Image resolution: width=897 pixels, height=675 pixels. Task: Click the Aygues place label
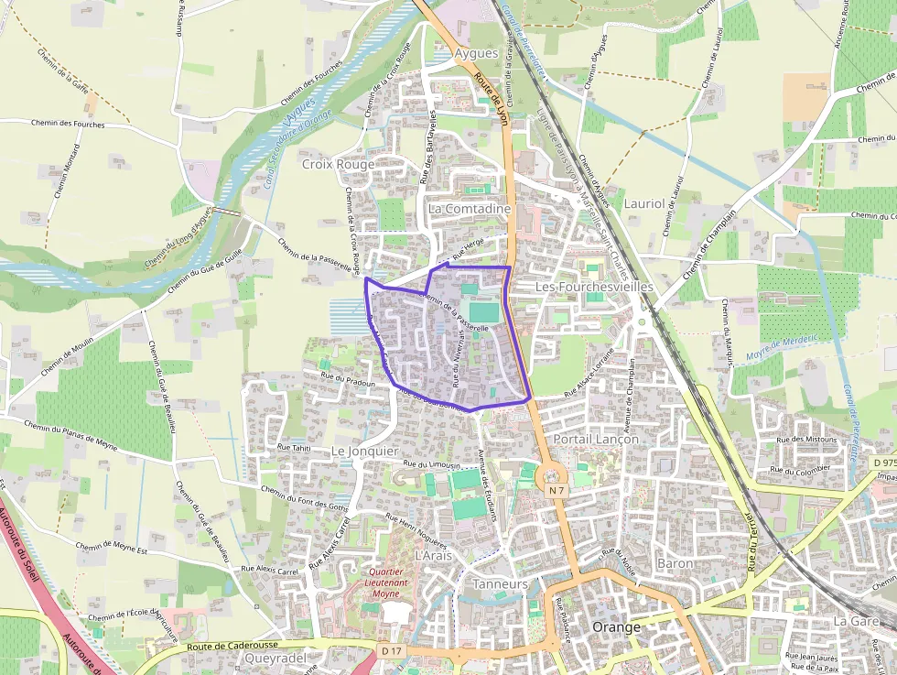click(476, 53)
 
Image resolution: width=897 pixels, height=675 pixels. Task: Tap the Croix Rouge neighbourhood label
click(338, 164)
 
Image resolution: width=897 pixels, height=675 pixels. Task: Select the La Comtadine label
click(469, 209)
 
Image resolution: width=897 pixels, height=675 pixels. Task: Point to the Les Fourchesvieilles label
click(594, 287)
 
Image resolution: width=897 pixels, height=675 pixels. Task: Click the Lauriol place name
click(643, 203)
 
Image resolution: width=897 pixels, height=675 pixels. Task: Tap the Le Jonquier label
click(364, 452)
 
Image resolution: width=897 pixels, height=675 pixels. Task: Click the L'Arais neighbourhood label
click(434, 556)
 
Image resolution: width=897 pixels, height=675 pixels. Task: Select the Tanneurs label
click(501, 583)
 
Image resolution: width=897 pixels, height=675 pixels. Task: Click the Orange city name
click(618, 627)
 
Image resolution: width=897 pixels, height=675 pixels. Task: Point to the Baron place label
click(675, 562)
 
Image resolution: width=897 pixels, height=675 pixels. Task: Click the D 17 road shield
click(392, 650)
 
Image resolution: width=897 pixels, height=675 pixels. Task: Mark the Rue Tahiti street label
click(295, 448)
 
